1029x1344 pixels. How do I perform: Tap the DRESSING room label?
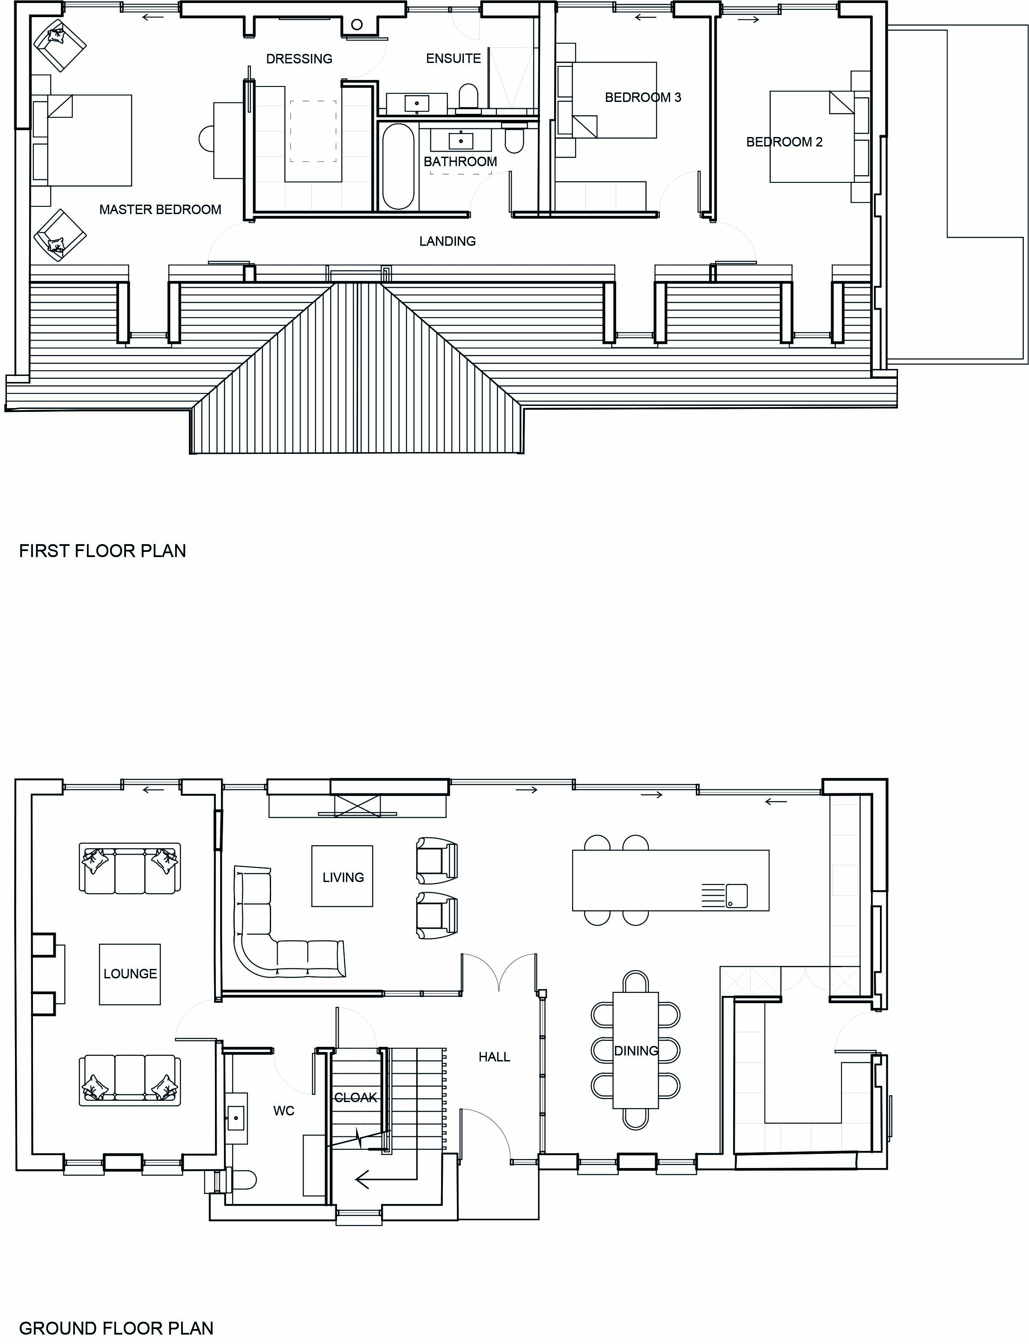(299, 59)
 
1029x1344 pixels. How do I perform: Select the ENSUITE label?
(453, 58)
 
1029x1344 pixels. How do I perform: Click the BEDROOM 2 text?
(784, 142)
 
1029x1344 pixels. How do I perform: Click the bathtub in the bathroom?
(398, 167)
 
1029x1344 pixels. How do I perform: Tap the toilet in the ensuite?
(468, 98)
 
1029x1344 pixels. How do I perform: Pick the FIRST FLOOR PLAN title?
(102, 551)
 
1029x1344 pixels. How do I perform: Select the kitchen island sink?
(736, 896)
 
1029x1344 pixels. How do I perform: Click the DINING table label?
(636, 1051)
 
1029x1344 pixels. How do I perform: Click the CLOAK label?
(356, 1098)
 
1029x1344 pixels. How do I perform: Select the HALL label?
(494, 1057)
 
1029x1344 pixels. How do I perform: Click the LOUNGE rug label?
(130, 974)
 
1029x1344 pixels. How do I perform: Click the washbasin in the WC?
(236, 1118)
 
